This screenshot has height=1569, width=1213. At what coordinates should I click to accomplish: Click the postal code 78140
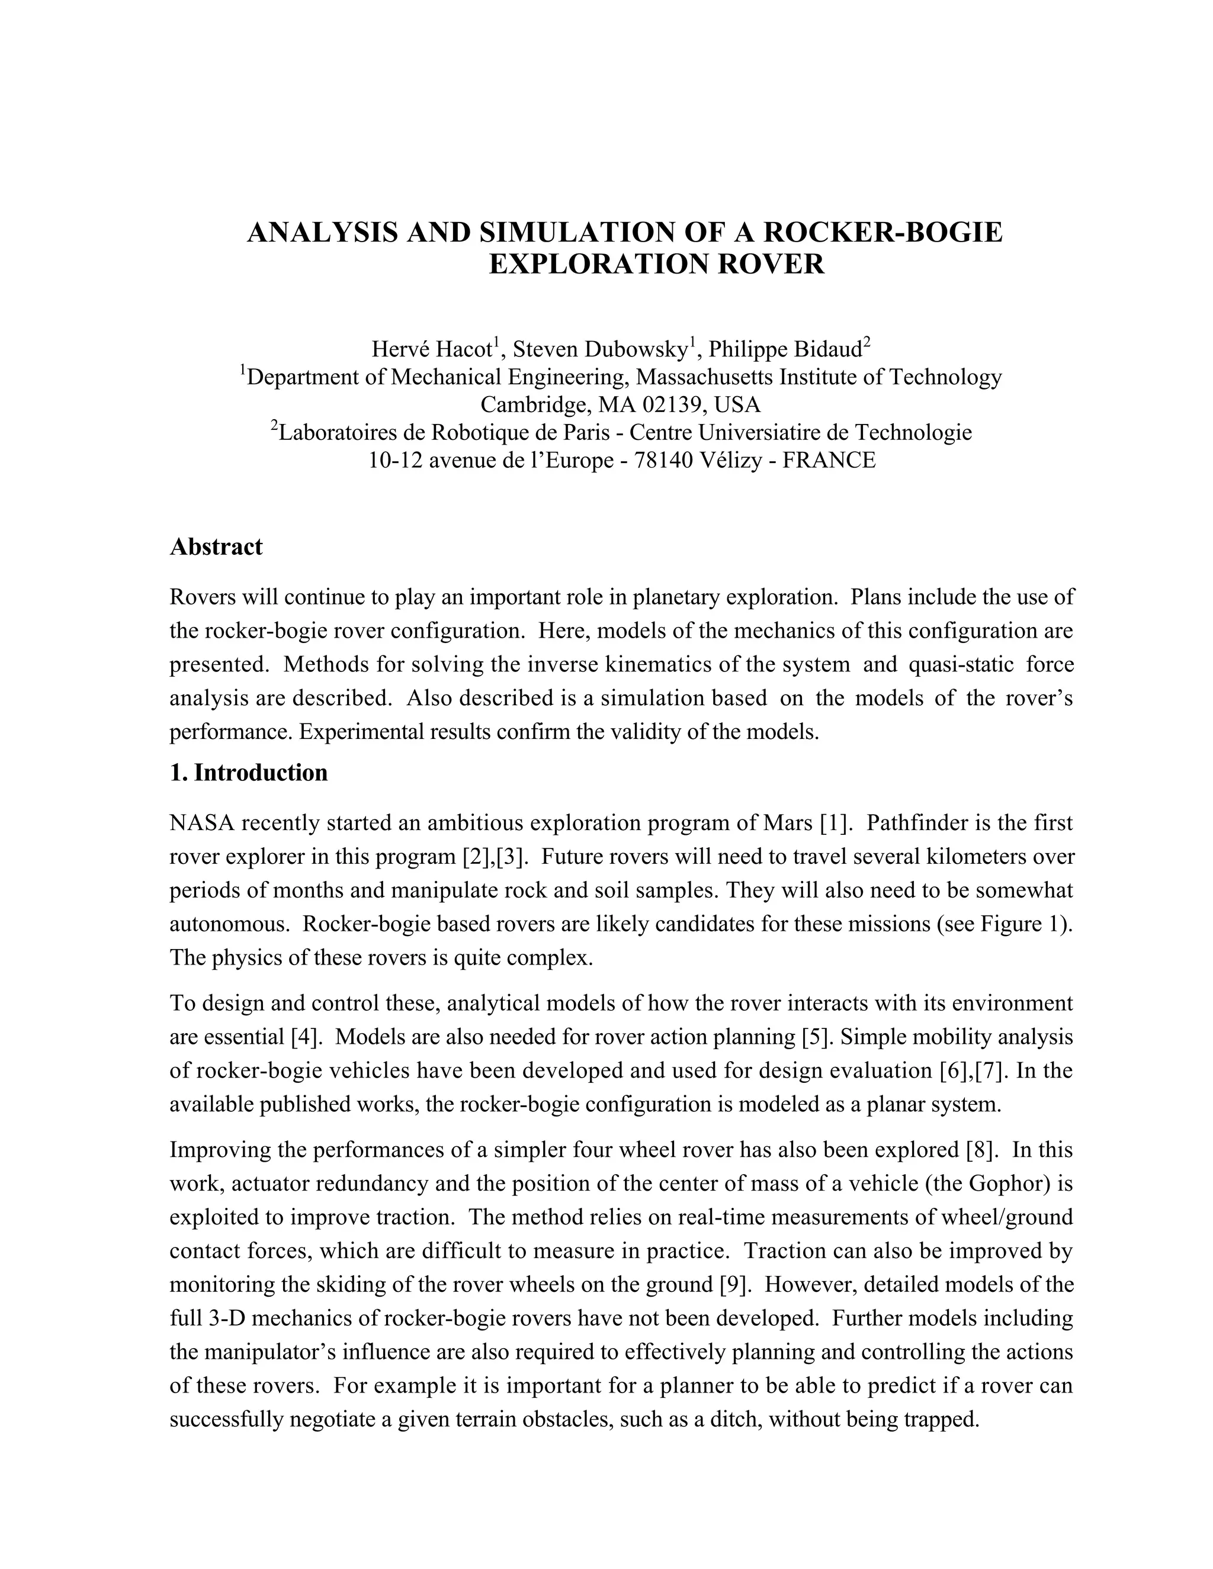pos(663,460)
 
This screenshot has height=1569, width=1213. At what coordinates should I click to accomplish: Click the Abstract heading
pos(216,546)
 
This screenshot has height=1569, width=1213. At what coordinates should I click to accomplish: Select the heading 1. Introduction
pos(249,772)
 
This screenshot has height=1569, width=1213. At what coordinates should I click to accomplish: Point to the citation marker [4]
pos(307,1037)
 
